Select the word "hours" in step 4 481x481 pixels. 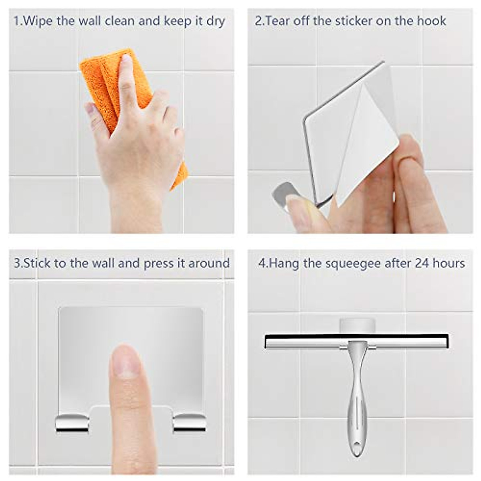tap(449, 263)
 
